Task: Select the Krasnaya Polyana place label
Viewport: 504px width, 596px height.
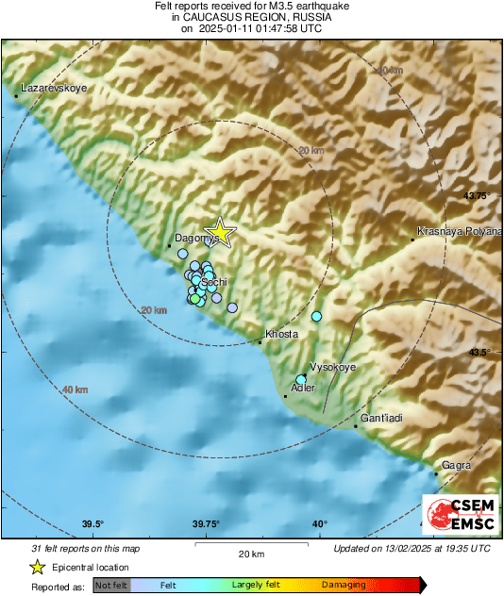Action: coord(460,231)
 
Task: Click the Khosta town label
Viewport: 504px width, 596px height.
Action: coord(282,334)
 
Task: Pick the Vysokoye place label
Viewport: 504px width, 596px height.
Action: coord(333,368)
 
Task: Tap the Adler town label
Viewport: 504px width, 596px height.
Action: coord(303,388)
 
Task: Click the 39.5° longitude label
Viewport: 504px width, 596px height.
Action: coord(92,524)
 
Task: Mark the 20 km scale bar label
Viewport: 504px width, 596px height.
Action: coord(250,553)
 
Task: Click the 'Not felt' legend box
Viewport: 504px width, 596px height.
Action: coord(112,586)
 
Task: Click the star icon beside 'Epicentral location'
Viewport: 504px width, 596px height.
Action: coord(37,567)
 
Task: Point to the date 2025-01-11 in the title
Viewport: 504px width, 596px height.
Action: coord(227,29)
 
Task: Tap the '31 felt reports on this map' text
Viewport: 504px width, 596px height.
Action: coord(84,547)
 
